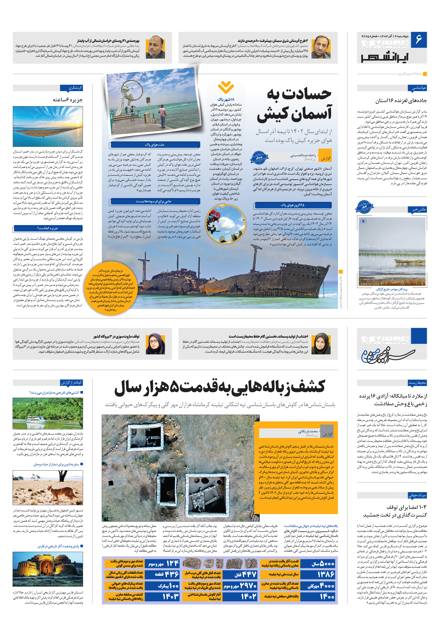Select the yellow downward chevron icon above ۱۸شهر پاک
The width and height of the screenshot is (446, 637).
[226, 87]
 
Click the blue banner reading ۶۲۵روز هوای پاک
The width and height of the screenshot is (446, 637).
[292, 205]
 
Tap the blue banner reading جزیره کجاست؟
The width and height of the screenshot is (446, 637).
[47, 228]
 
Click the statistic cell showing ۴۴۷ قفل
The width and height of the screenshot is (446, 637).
[241, 574]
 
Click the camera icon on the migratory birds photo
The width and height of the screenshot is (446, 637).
[363, 221]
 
